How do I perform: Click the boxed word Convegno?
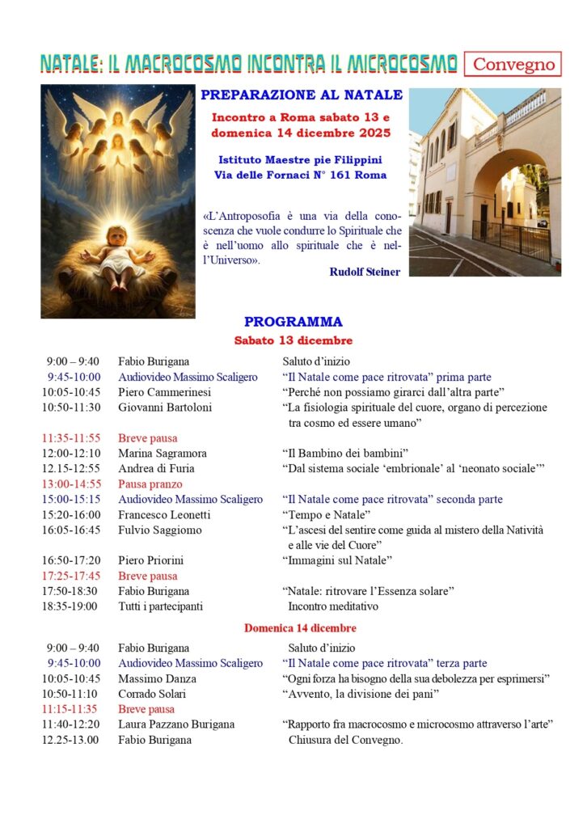(x=513, y=64)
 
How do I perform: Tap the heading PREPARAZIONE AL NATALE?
(x=302, y=95)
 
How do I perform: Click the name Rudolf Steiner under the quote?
(x=364, y=272)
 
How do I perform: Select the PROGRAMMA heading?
(x=293, y=321)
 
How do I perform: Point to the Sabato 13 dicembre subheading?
(x=293, y=340)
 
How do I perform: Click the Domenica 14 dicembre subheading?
(x=300, y=627)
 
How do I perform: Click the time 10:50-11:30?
(x=71, y=408)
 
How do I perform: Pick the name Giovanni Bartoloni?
(x=165, y=408)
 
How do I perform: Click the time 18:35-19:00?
(x=71, y=606)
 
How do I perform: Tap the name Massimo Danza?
(x=157, y=678)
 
